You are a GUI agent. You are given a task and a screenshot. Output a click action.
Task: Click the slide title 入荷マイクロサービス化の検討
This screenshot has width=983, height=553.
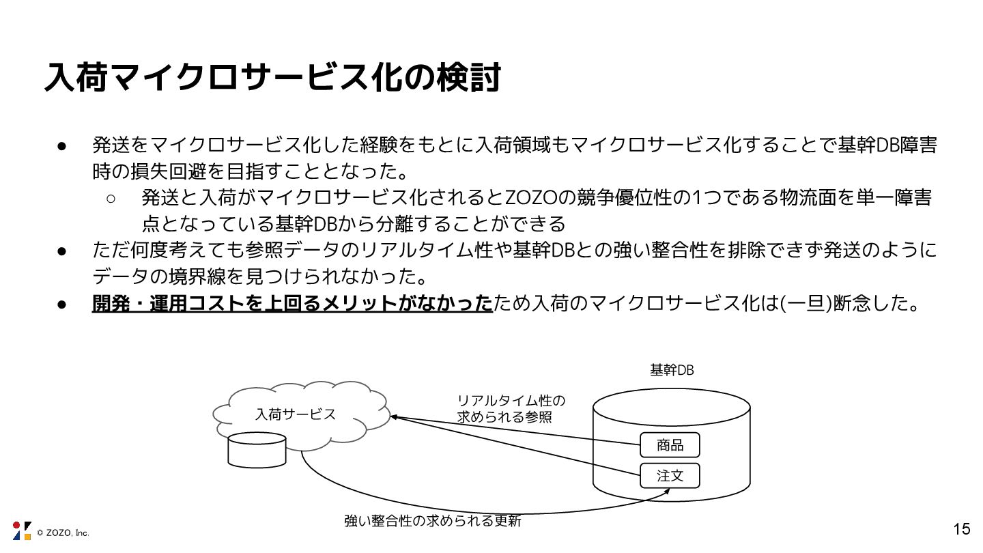[x=272, y=78]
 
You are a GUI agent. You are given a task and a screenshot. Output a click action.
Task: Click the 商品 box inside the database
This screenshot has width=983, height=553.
[x=670, y=446]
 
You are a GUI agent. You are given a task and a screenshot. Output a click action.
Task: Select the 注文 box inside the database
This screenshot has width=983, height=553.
[x=670, y=476]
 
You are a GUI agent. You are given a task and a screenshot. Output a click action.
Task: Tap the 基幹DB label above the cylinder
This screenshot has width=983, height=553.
[x=672, y=370]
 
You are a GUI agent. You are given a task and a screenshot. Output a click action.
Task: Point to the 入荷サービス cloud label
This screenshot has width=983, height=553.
[x=296, y=414]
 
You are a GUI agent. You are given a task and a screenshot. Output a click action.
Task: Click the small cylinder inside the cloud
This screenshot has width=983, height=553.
[x=257, y=447]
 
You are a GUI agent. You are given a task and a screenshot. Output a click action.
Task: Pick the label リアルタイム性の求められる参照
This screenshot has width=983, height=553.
[x=511, y=408]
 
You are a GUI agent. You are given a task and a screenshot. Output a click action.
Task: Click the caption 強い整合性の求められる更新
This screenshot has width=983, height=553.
[x=433, y=521]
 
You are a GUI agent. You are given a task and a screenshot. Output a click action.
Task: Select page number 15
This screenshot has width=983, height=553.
[x=961, y=528]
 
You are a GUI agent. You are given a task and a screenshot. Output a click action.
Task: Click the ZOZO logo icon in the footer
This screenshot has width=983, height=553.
[x=22, y=530]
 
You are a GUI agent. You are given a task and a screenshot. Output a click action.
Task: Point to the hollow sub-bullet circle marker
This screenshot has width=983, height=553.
[x=111, y=199]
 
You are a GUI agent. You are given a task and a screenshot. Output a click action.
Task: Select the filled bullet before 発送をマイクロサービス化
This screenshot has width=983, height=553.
[x=61, y=145]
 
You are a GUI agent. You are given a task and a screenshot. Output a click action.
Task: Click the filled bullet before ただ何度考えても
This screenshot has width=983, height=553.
[x=61, y=251]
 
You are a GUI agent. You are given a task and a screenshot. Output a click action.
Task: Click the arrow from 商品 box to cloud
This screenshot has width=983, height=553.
[x=519, y=431]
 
